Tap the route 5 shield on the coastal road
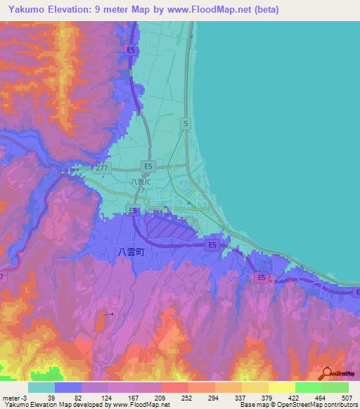click(x=185, y=123)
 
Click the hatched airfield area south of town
click(x=169, y=228)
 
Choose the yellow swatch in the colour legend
click(x=281, y=387)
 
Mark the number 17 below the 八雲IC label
click(x=141, y=190)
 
